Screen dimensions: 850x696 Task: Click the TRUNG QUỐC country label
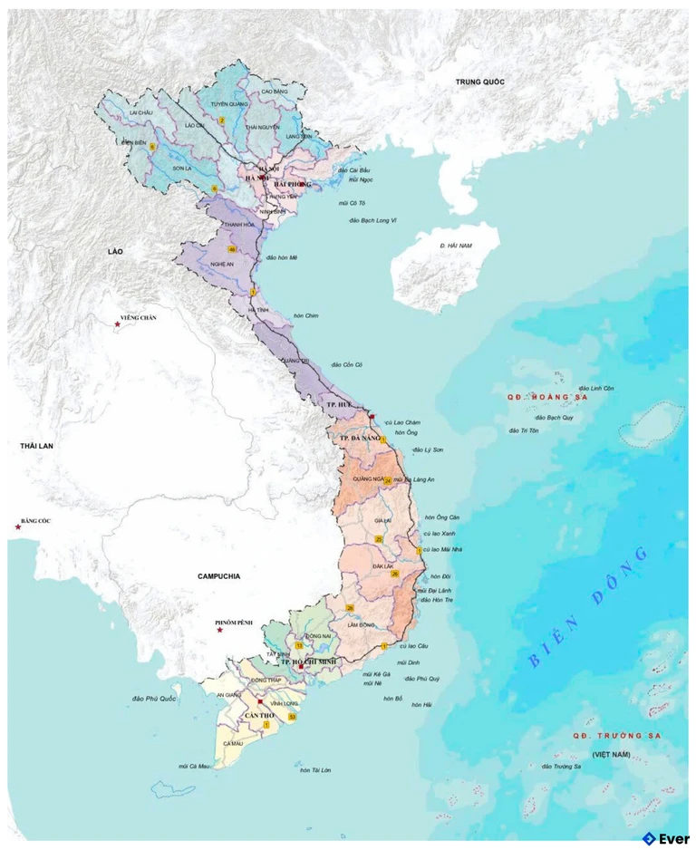(479, 82)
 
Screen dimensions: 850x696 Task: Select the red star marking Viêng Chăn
(117, 324)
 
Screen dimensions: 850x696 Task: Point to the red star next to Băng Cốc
(17, 526)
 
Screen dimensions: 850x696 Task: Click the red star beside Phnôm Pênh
(219, 631)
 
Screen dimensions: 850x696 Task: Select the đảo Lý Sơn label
(428, 449)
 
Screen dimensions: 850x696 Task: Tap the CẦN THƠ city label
(258, 716)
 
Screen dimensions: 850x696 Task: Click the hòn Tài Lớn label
(314, 770)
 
